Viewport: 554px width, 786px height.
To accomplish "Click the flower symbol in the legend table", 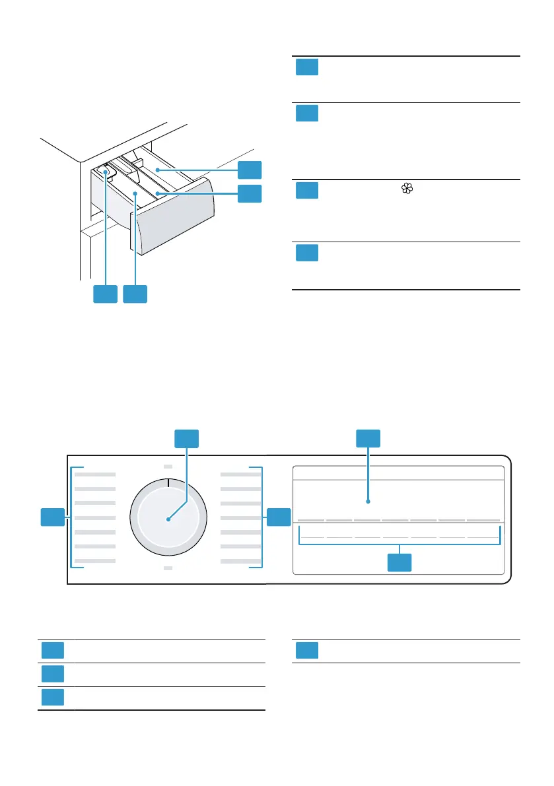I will [406, 189].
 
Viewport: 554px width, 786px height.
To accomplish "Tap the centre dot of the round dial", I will [168, 519].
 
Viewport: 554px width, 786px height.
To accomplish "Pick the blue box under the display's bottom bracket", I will [399, 562].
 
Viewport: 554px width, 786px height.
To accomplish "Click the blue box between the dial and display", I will [279, 517].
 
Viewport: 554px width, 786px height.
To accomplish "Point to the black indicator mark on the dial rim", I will [168, 484].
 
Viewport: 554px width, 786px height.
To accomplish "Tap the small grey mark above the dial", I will [168, 466].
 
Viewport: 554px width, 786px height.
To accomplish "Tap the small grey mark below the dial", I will [168, 568].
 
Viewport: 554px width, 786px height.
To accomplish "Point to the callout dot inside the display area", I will [368, 502].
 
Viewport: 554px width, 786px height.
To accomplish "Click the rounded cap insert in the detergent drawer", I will [106, 172].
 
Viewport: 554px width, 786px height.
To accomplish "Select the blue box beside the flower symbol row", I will [306, 190].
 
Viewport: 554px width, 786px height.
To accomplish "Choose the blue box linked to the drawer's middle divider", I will [250, 193].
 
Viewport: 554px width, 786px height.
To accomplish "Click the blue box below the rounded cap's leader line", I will [105, 294].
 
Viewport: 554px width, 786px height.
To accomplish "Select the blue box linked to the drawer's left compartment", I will [134, 294].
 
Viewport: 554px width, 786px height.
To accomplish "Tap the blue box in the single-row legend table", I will [306, 650].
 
